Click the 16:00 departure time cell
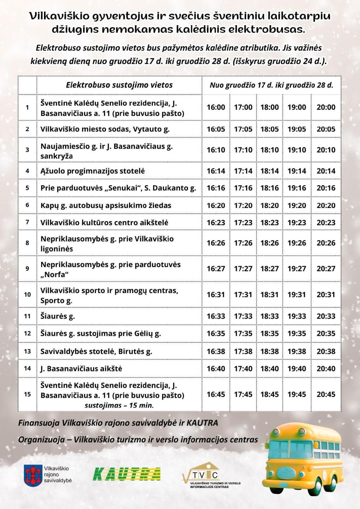click(x=216, y=108)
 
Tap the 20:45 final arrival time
click(x=326, y=395)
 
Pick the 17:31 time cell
click(x=243, y=295)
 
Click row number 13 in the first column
click(x=27, y=351)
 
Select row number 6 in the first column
click(x=27, y=205)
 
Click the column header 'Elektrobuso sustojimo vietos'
click(x=119, y=85)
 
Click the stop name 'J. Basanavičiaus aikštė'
click(x=81, y=369)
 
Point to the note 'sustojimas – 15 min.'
click(x=119, y=405)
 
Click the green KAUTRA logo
click(x=127, y=474)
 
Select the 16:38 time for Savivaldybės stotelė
click(x=216, y=351)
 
